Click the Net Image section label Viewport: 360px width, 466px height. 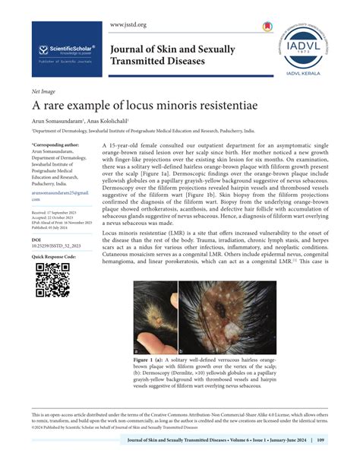pos(44,90)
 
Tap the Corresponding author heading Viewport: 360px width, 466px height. pos(55,142)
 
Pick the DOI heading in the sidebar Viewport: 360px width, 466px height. pos(36,238)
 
